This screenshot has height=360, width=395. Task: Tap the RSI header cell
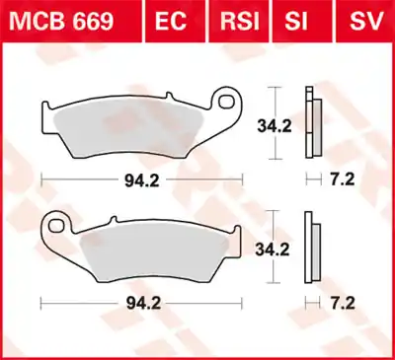pos(239,21)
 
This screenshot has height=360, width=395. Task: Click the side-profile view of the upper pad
pos(314,126)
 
